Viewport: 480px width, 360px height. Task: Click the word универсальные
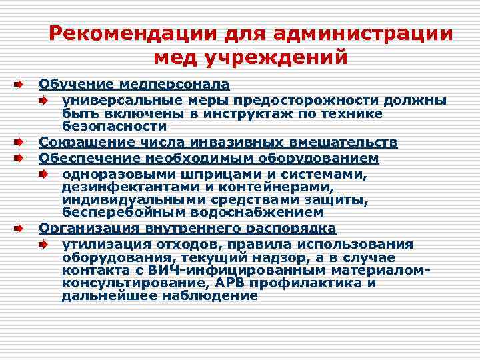[117, 101]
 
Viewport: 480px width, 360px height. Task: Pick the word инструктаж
[234, 113]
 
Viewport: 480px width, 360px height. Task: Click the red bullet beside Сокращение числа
[20, 142]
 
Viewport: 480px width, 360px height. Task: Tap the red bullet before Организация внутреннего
[20, 228]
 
